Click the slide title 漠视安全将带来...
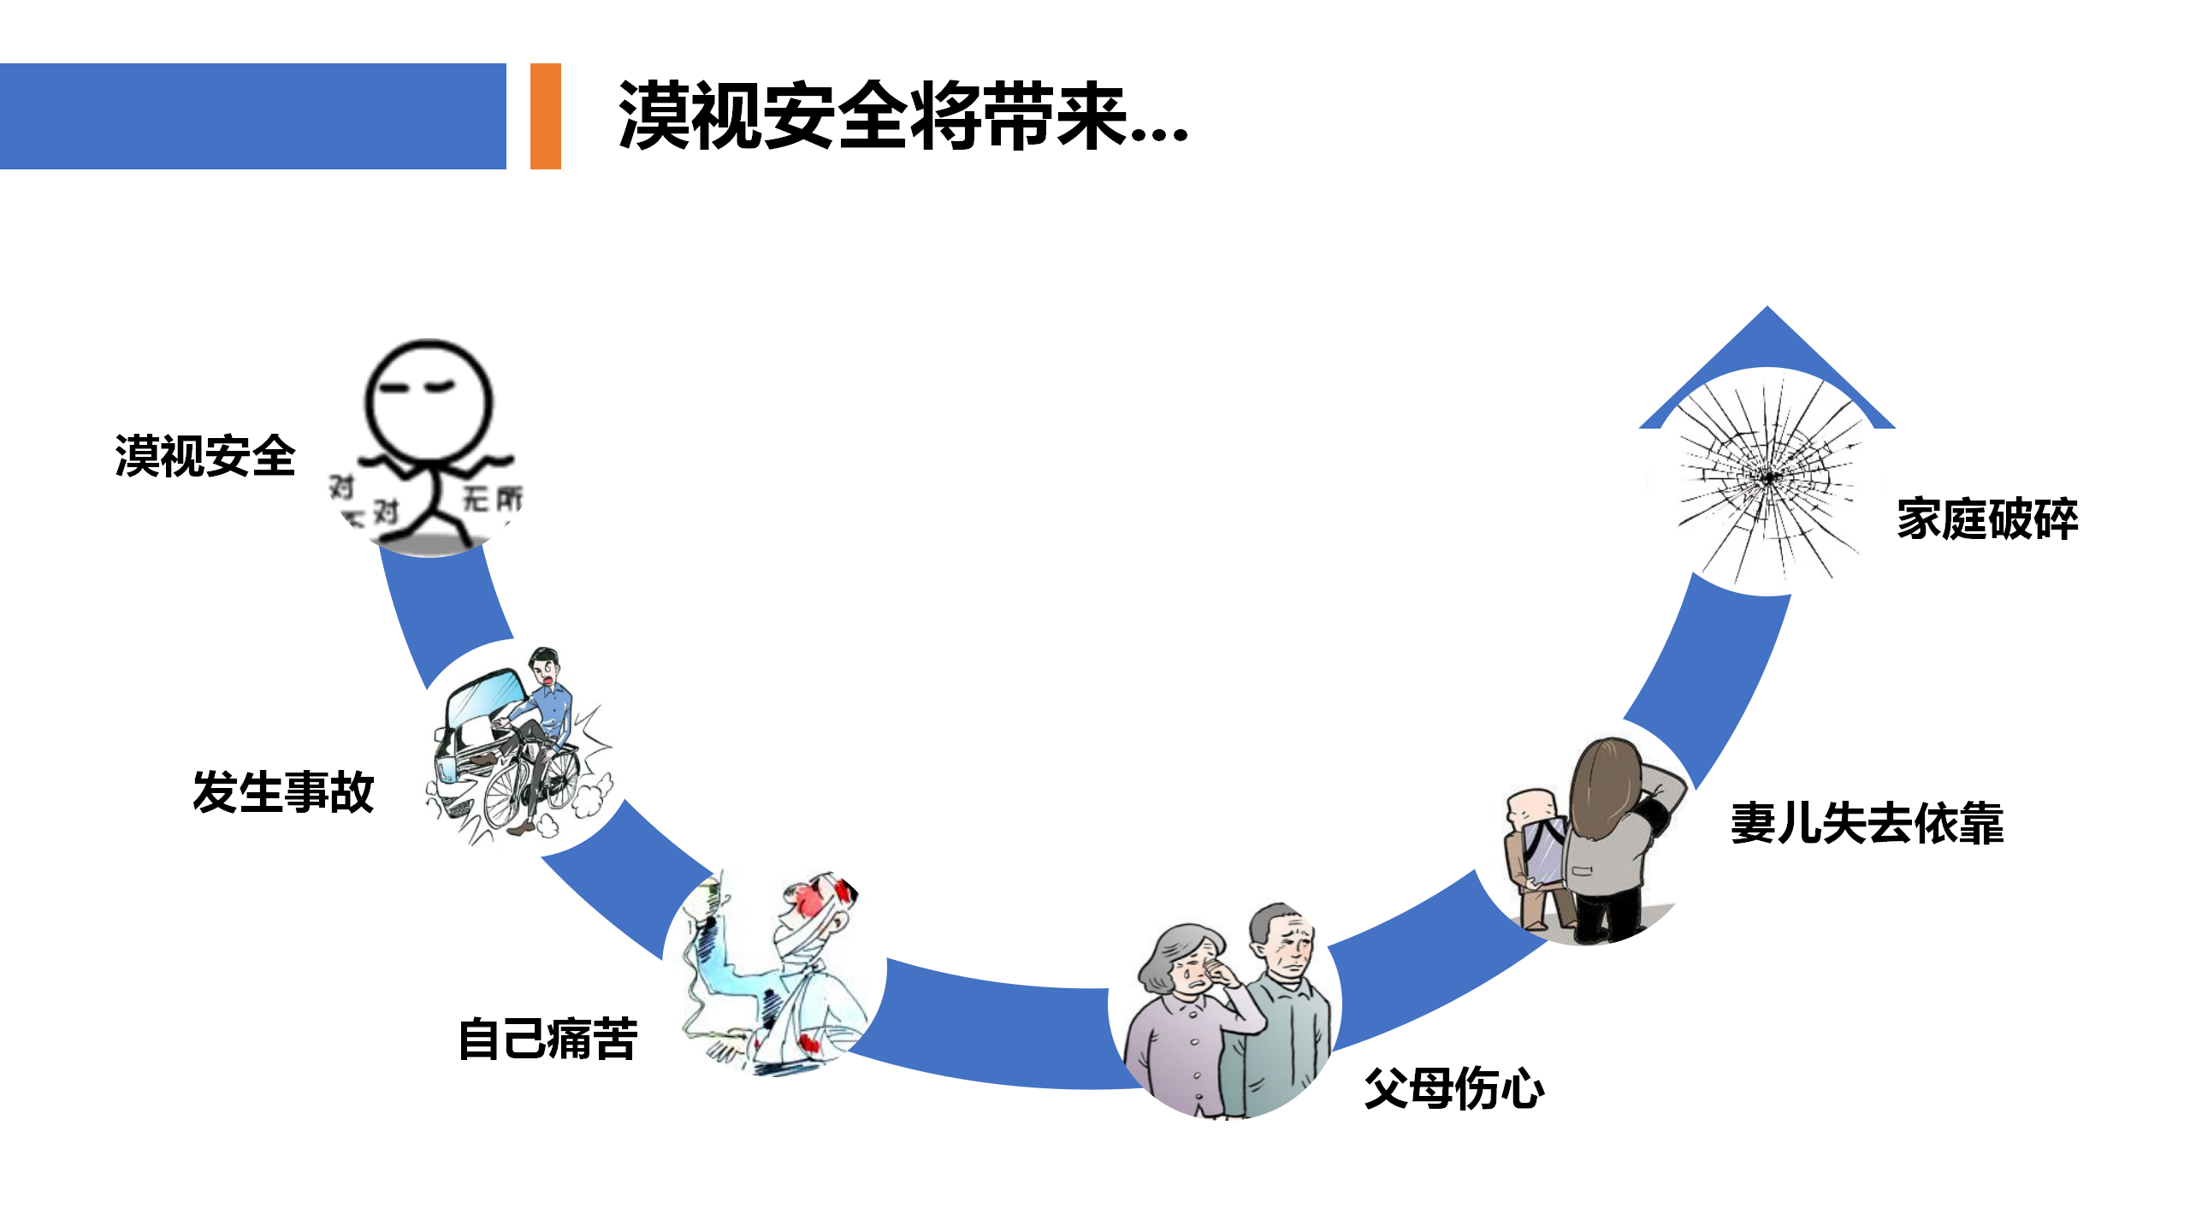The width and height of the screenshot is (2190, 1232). tap(903, 116)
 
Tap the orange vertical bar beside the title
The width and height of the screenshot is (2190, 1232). tap(545, 116)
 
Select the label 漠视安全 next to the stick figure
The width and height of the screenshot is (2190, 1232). tap(205, 456)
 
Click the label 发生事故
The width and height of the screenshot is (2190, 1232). tap(283, 792)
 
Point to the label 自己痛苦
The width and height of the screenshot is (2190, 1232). tap(548, 1039)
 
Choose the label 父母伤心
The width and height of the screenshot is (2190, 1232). tap(1453, 1089)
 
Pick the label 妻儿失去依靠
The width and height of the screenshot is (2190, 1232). tap(1867, 824)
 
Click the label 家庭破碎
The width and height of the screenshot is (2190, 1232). tap(1987, 519)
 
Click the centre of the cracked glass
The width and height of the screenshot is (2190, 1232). tap(1768, 477)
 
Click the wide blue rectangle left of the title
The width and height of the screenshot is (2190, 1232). tap(252, 116)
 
